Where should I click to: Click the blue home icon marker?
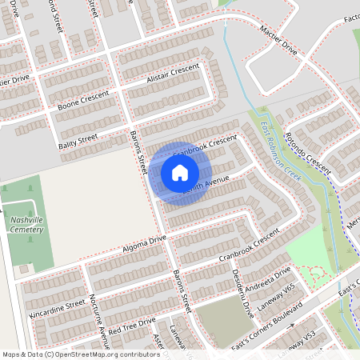(180, 173)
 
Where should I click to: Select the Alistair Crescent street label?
(173, 76)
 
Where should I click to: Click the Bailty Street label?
(78, 142)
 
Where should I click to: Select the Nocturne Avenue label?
(99, 315)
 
